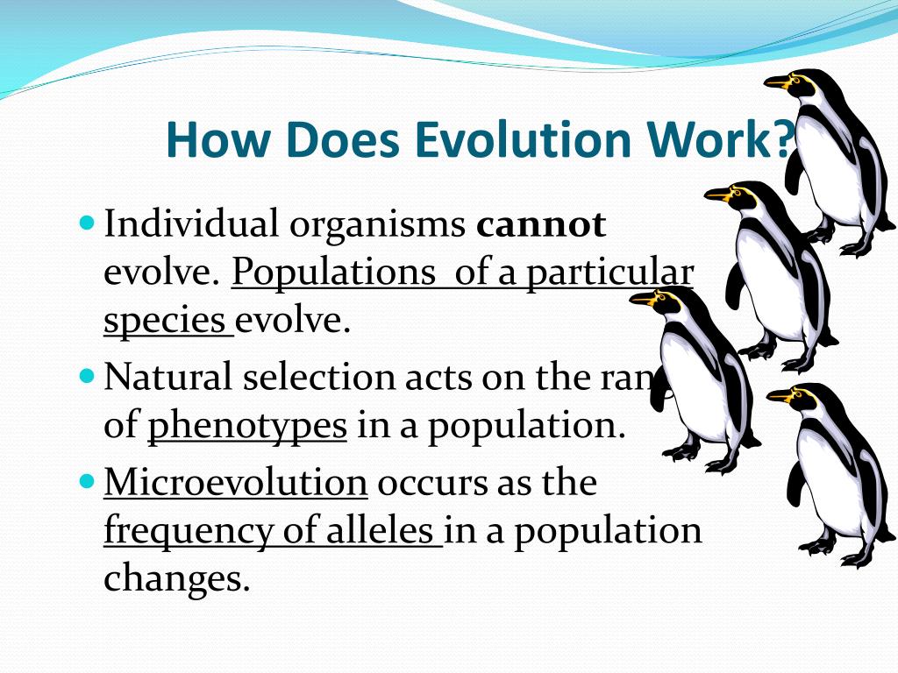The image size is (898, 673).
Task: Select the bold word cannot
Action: coord(540,225)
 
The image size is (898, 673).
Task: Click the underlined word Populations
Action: coord(332,273)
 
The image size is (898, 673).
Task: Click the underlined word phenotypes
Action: coord(247,426)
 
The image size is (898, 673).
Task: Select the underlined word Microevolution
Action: coord(235,482)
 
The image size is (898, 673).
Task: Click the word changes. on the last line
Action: coord(176,579)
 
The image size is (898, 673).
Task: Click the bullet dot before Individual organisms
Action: coord(86,222)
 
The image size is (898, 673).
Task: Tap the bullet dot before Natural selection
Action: coord(86,375)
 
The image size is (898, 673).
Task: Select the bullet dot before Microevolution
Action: coord(86,480)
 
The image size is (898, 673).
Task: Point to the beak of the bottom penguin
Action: coord(780,396)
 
